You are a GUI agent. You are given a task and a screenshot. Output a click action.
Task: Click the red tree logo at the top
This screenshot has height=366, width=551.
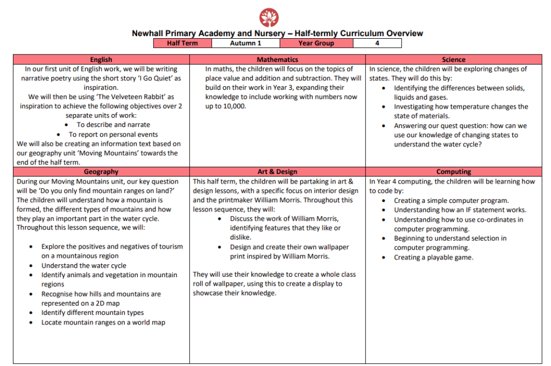(x=269, y=17)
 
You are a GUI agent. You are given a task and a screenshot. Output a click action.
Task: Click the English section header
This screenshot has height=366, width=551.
(x=101, y=60)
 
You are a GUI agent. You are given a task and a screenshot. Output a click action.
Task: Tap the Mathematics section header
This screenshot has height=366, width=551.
(x=277, y=60)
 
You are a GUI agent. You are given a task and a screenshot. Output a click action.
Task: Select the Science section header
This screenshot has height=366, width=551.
(x=454, y=60)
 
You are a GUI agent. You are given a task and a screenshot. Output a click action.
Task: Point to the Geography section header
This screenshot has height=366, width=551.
(x=101, y=172)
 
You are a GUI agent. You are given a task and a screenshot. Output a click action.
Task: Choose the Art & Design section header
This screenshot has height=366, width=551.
(x=277, y=172)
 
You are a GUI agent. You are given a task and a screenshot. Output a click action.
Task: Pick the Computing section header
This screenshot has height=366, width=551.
(x=454, y=172)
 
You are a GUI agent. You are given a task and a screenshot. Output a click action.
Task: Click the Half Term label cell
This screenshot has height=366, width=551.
(x=182, y=43)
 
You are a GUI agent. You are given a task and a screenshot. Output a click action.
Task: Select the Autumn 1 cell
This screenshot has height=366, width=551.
(x=245, y=43)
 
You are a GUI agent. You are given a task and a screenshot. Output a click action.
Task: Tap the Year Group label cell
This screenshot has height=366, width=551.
(x=316, y=43)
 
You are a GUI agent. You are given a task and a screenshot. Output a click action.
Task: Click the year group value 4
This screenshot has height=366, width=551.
(x=377, y=43)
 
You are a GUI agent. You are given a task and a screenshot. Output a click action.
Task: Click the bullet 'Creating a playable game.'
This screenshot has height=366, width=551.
(x=434, y=257)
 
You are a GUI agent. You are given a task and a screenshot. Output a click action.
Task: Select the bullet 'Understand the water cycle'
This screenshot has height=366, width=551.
(x=84, y=265)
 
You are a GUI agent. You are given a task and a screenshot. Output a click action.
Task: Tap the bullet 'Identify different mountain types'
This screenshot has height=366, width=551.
(x=93, y=313)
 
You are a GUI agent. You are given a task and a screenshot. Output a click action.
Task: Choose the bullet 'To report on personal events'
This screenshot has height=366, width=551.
(x=113, y=135)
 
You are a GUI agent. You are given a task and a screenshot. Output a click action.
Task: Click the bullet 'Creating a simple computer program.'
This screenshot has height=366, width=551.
(x=451, y=201)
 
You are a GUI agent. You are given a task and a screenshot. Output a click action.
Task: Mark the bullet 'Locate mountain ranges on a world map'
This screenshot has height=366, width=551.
(x=103, y=322)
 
